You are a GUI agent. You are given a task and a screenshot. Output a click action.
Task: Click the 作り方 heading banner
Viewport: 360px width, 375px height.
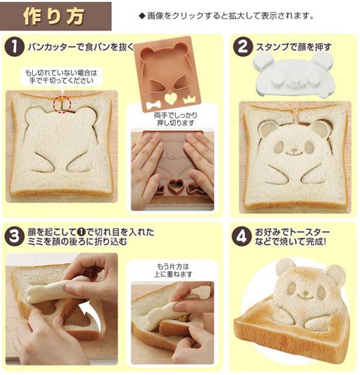[56, 16]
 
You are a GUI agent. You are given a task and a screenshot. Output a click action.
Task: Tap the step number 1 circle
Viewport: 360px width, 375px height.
[14, 47]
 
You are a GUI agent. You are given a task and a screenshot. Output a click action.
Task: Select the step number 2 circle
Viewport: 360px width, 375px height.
[242, 47]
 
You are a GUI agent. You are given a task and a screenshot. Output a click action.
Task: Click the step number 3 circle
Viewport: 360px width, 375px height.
[14, 237]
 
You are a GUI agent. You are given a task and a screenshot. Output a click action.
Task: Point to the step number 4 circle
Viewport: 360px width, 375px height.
[242, 237]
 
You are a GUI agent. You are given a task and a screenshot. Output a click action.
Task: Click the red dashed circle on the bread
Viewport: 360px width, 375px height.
[62, 104]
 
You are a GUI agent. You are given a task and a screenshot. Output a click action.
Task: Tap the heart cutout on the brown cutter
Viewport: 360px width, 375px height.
[171, 98]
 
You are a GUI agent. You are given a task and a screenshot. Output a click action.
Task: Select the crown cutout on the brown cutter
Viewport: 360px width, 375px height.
[189, 99]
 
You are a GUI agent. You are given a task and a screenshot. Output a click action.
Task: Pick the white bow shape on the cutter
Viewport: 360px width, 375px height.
[153, 105]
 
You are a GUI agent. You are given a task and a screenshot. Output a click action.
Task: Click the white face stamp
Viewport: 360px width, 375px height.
[293, 74]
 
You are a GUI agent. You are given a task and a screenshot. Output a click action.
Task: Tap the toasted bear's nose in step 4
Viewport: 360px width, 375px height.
[306, 292]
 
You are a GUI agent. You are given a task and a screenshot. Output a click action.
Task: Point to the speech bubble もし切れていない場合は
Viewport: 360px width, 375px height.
[61, 76]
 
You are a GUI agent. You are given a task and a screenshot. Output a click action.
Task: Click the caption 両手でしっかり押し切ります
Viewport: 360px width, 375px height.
[176, 119]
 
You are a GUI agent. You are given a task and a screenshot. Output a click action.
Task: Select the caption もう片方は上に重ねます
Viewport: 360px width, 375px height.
[173, 270]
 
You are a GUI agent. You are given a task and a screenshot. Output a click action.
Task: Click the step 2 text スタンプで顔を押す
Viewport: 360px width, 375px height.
[294, 47]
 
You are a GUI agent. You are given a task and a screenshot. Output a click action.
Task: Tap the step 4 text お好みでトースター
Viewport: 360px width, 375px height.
[292, 232]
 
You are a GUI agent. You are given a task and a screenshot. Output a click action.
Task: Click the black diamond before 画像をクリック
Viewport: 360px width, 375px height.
[142, 16]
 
